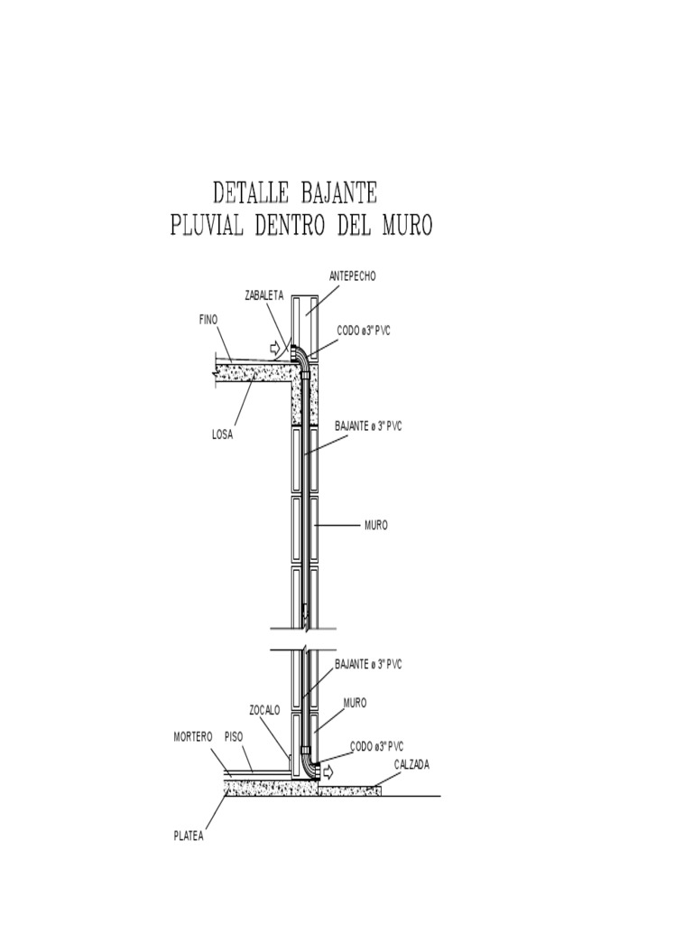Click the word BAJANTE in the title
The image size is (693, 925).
(x=338, y=193)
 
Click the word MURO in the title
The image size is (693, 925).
(x=407, y=225)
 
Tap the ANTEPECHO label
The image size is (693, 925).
(x=353, y=276)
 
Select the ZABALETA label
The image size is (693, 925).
(x=264, y=295)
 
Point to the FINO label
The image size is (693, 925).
(x=208, y=320)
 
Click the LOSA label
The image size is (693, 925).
(x=222, y=435)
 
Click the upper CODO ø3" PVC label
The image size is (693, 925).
(x=364, y=331)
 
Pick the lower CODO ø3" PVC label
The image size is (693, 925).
(x=377, y=747)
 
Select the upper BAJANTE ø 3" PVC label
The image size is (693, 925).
(x=368, y=426)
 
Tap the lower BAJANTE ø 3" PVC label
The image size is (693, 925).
(x=368, y=664)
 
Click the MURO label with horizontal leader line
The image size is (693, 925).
(x=376, y=525)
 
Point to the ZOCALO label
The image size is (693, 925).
(x=264, y=710)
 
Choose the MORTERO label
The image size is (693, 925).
(x=193, y=737)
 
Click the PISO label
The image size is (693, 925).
(x=234, y=737)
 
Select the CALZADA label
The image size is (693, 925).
(x=411, y=765)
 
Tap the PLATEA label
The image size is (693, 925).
(x=189, y=836)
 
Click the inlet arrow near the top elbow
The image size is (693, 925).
(x=274, y=348)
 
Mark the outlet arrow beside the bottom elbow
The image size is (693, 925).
(x=328, y=771)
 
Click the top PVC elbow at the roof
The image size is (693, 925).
(x=300, y=356)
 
